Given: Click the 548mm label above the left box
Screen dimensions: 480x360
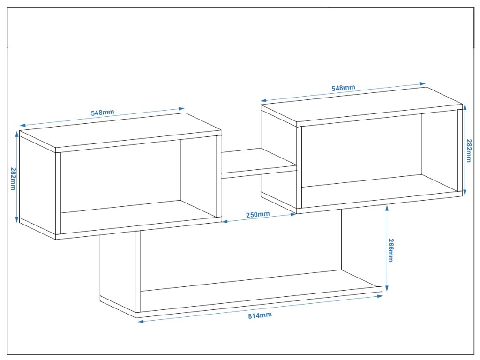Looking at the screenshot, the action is click(x=103, y=112).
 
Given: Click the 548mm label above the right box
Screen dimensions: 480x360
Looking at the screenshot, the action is click(x=344, y=88).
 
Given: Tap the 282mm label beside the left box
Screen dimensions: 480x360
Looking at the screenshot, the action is click(x=13, y=179).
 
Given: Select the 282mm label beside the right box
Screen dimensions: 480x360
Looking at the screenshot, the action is click(x=469, y=150).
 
